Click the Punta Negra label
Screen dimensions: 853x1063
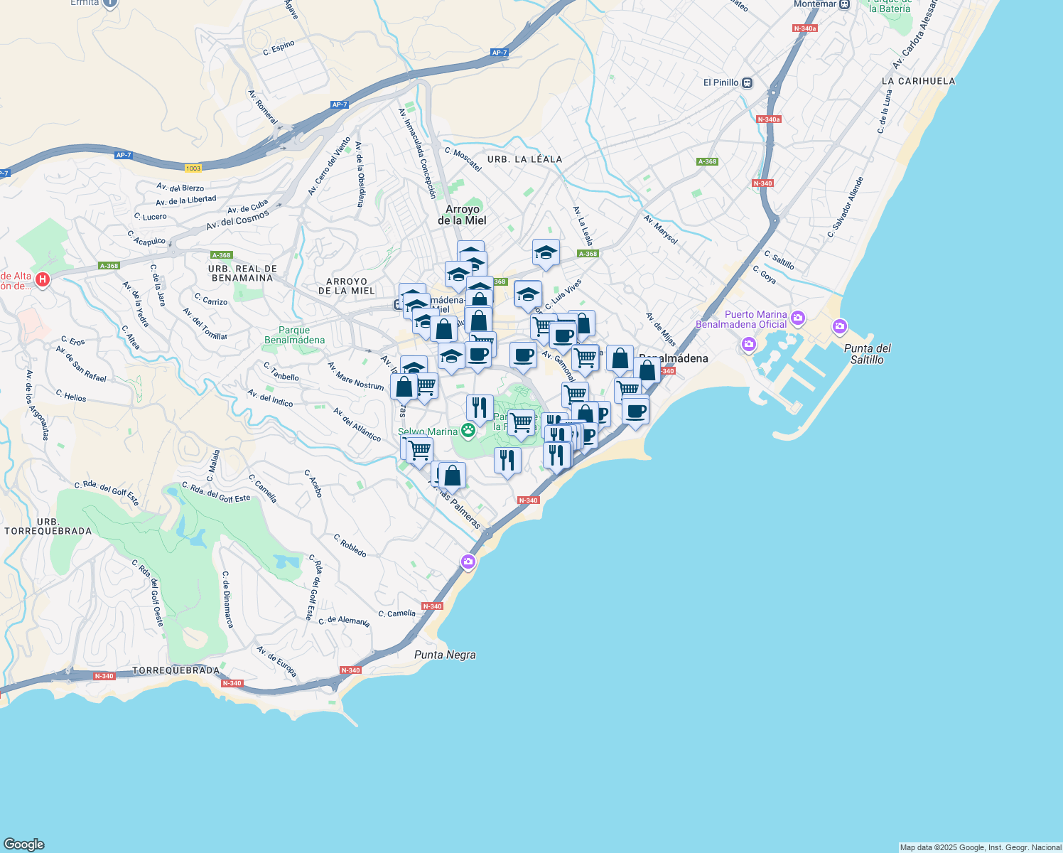[x=445, y=655]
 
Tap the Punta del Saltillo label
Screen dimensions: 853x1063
[x=868, y=354]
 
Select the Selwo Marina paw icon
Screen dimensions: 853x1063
[x=468, y=430]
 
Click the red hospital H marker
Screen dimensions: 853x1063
[x=43, y=279]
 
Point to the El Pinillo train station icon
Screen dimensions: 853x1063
[x=747, y=83]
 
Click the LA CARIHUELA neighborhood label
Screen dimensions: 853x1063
[x=918, y=81]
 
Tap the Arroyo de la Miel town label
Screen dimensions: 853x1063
[x=462, y=215]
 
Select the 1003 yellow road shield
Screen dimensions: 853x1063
[x=193, y=168]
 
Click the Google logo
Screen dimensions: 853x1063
[x=24, y=844]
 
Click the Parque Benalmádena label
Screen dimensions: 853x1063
[x=294, y=335]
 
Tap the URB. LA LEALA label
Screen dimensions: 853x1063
[x=524, y=159]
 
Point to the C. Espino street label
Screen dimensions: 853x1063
[x=279, y=48]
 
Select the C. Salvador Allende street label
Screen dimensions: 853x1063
[x=845, y=208]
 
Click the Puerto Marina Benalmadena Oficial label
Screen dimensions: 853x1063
[x=755, y=319]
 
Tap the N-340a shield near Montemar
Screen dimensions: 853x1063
[x=804, y=28]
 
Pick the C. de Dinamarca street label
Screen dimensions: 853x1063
[x=227, y=599]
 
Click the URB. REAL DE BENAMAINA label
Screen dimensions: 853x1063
[x=242, y=273]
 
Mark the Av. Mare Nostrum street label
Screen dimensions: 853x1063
[x=355, y=375]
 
